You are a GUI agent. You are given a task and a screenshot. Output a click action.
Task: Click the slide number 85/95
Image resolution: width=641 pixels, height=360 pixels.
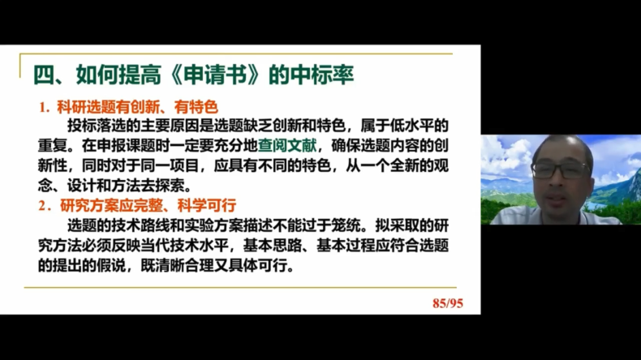coord(448,303)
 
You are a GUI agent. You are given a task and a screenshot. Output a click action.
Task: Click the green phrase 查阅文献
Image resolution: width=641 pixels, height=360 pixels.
coord(287,145)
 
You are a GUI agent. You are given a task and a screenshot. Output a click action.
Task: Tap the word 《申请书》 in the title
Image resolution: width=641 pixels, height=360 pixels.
coord(215,75)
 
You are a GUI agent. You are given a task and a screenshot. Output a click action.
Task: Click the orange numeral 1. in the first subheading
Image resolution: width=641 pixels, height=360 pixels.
coord(44,108)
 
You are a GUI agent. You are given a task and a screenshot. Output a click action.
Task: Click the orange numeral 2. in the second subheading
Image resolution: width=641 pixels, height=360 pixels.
coord(45,205)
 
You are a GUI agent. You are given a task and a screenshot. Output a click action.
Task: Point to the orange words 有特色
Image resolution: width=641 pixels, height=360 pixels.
coord(196,107)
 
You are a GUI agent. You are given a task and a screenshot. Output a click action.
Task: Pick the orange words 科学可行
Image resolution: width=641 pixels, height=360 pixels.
coord(207,205)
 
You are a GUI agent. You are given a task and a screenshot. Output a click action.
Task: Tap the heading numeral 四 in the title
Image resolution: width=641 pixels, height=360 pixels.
coord(44,75)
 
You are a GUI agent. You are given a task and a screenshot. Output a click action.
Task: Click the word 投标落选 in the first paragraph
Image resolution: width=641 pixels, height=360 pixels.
coord(97,126)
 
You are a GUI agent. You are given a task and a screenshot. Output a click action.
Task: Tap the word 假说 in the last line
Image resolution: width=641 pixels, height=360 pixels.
coord(111,266)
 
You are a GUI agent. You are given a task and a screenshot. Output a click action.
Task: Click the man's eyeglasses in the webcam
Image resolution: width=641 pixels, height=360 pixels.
coord(561,169)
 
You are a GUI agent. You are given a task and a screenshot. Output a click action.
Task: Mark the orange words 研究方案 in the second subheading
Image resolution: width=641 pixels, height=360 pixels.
coord(89,205)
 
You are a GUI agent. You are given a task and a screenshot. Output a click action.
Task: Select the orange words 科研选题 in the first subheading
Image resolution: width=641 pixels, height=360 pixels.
coord(86,107)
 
